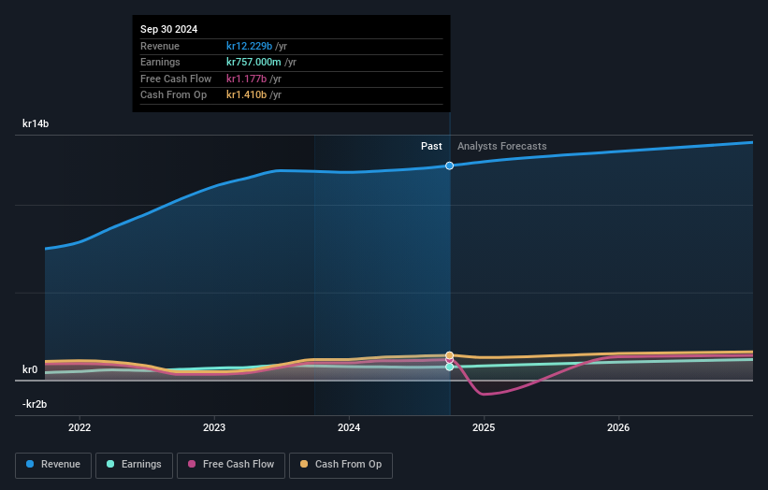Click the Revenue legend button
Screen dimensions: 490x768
click(x=53, y=465)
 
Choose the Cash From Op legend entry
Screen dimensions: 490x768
click(x=341, y=465)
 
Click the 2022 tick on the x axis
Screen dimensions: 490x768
click(x=80, y=428)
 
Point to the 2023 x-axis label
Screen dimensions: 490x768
click(x=214, y=428)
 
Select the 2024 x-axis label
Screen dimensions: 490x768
click(x=349, y=428)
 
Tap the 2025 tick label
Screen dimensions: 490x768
click(x=484, y=428)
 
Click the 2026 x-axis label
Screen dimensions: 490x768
click(x=618, y=428)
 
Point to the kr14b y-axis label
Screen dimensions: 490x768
click(x=36, y=123)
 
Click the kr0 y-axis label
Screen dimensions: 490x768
click(x=30, y=369)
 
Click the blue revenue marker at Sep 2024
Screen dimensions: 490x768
click(x=450, y=166)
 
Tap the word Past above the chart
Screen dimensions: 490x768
click(x=431, y=146)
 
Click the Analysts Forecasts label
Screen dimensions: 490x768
click(x=501, y=146)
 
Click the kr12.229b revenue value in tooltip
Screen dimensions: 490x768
click(x=250, y=46)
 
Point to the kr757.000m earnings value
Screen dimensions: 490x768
click(x=254, y=63)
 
